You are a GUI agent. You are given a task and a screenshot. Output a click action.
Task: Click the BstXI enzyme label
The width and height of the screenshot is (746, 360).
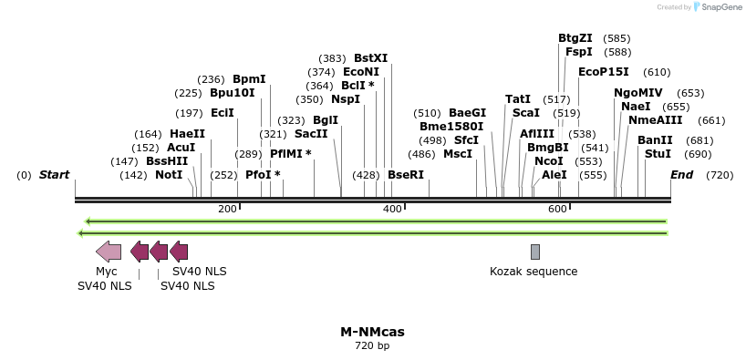[x=370, y=57]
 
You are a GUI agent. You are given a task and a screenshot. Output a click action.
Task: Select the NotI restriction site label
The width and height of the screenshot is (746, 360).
[x=169, y=175]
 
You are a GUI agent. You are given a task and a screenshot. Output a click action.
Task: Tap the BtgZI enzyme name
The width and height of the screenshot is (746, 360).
[x=575, y=38]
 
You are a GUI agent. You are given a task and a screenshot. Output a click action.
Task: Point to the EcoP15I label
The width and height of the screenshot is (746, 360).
[x=604, y=72]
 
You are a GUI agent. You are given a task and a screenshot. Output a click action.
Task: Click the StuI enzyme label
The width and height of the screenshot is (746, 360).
[x=658, y=154]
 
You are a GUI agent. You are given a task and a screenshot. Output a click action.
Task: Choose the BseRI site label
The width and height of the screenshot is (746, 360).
[x=406, y=175]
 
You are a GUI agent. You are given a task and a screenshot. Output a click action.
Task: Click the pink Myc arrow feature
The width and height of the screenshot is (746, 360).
[x=109, y=252]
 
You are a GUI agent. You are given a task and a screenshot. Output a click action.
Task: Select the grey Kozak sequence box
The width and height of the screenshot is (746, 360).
[x=535, y=252]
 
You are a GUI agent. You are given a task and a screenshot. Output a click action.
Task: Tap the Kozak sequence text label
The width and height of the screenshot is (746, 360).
[x=534, y=272]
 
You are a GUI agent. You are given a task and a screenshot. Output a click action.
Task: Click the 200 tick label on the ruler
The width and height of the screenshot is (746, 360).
[x=227, y=210]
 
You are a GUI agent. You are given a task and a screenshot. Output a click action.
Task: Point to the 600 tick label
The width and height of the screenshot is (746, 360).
[x=557, y=210]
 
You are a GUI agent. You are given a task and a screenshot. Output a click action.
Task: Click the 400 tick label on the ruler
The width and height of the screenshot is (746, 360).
[x=392, y=210]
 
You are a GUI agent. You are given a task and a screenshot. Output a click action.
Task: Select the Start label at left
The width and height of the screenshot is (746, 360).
[x=54, y=175]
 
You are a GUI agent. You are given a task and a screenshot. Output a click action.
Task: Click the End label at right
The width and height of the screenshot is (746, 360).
[x=682, y=175]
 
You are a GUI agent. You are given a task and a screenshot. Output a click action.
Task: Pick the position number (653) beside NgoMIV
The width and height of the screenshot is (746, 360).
[x=690, y=93]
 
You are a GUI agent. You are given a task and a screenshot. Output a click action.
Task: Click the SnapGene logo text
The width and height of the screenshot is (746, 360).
[x=721, y=7]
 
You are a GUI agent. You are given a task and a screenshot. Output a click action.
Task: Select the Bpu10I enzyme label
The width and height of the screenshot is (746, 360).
[x=233, y=93]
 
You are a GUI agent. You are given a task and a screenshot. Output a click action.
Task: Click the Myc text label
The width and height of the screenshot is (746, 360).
[x=107, y=272]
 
